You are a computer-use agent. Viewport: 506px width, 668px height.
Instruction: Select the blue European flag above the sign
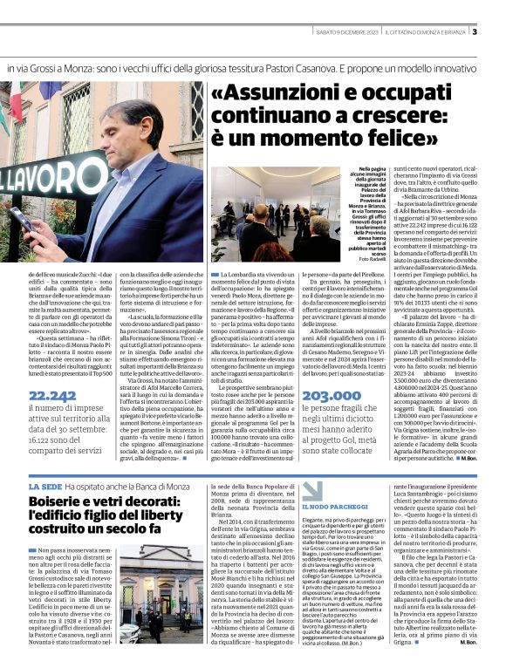tap(50, 88)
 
